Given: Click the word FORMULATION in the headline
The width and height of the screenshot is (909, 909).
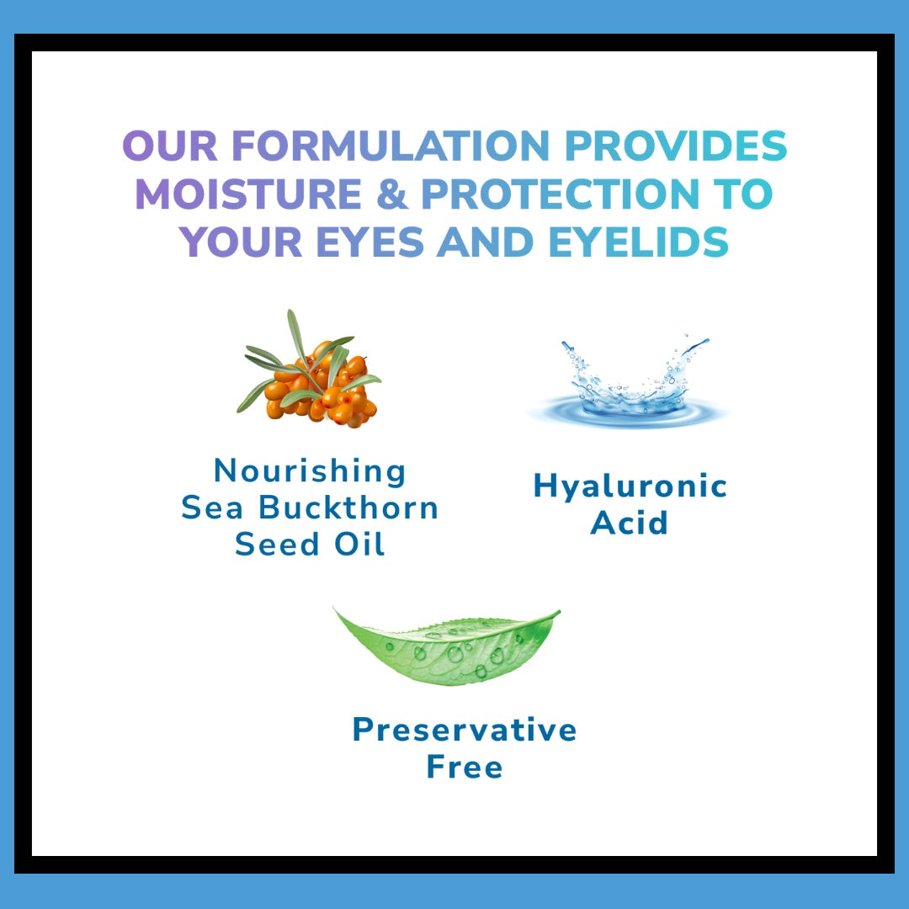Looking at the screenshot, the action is (x=391, y=146).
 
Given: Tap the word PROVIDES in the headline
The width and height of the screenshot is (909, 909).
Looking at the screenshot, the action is (x=676, y=146).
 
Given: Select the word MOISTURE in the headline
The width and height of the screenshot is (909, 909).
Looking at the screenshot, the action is (x=248, y=194).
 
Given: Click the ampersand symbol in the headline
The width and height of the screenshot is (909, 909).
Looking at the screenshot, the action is (x=392, y=194).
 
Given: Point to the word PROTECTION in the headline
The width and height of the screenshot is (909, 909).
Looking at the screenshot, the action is (x=561, y=194).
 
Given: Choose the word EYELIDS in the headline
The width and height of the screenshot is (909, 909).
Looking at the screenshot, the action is (x=638, y=242).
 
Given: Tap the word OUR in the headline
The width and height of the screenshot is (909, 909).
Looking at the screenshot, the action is (x=170, y=146).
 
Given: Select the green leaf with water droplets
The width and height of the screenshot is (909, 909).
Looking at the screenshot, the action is (x=446, y=646).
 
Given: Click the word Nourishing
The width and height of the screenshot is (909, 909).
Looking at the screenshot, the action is (x=310, y=470).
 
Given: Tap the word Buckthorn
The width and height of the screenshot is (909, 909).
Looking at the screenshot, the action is (x=348, y=508).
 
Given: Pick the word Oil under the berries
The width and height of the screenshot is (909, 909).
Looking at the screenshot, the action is (x=359, y=545).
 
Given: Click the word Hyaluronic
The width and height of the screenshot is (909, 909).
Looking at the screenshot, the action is (x=630, y=487).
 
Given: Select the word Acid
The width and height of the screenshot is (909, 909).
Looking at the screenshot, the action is (x=630, y=523).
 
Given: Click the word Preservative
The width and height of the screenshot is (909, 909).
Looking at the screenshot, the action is (x=465, y=729).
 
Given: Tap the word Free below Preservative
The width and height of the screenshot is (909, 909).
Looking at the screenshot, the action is (x=465, y=767).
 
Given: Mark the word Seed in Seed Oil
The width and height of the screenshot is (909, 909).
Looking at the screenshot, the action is (x=277, y=545).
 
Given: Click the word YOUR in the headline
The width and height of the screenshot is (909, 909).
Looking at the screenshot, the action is (x=241, y=242).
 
